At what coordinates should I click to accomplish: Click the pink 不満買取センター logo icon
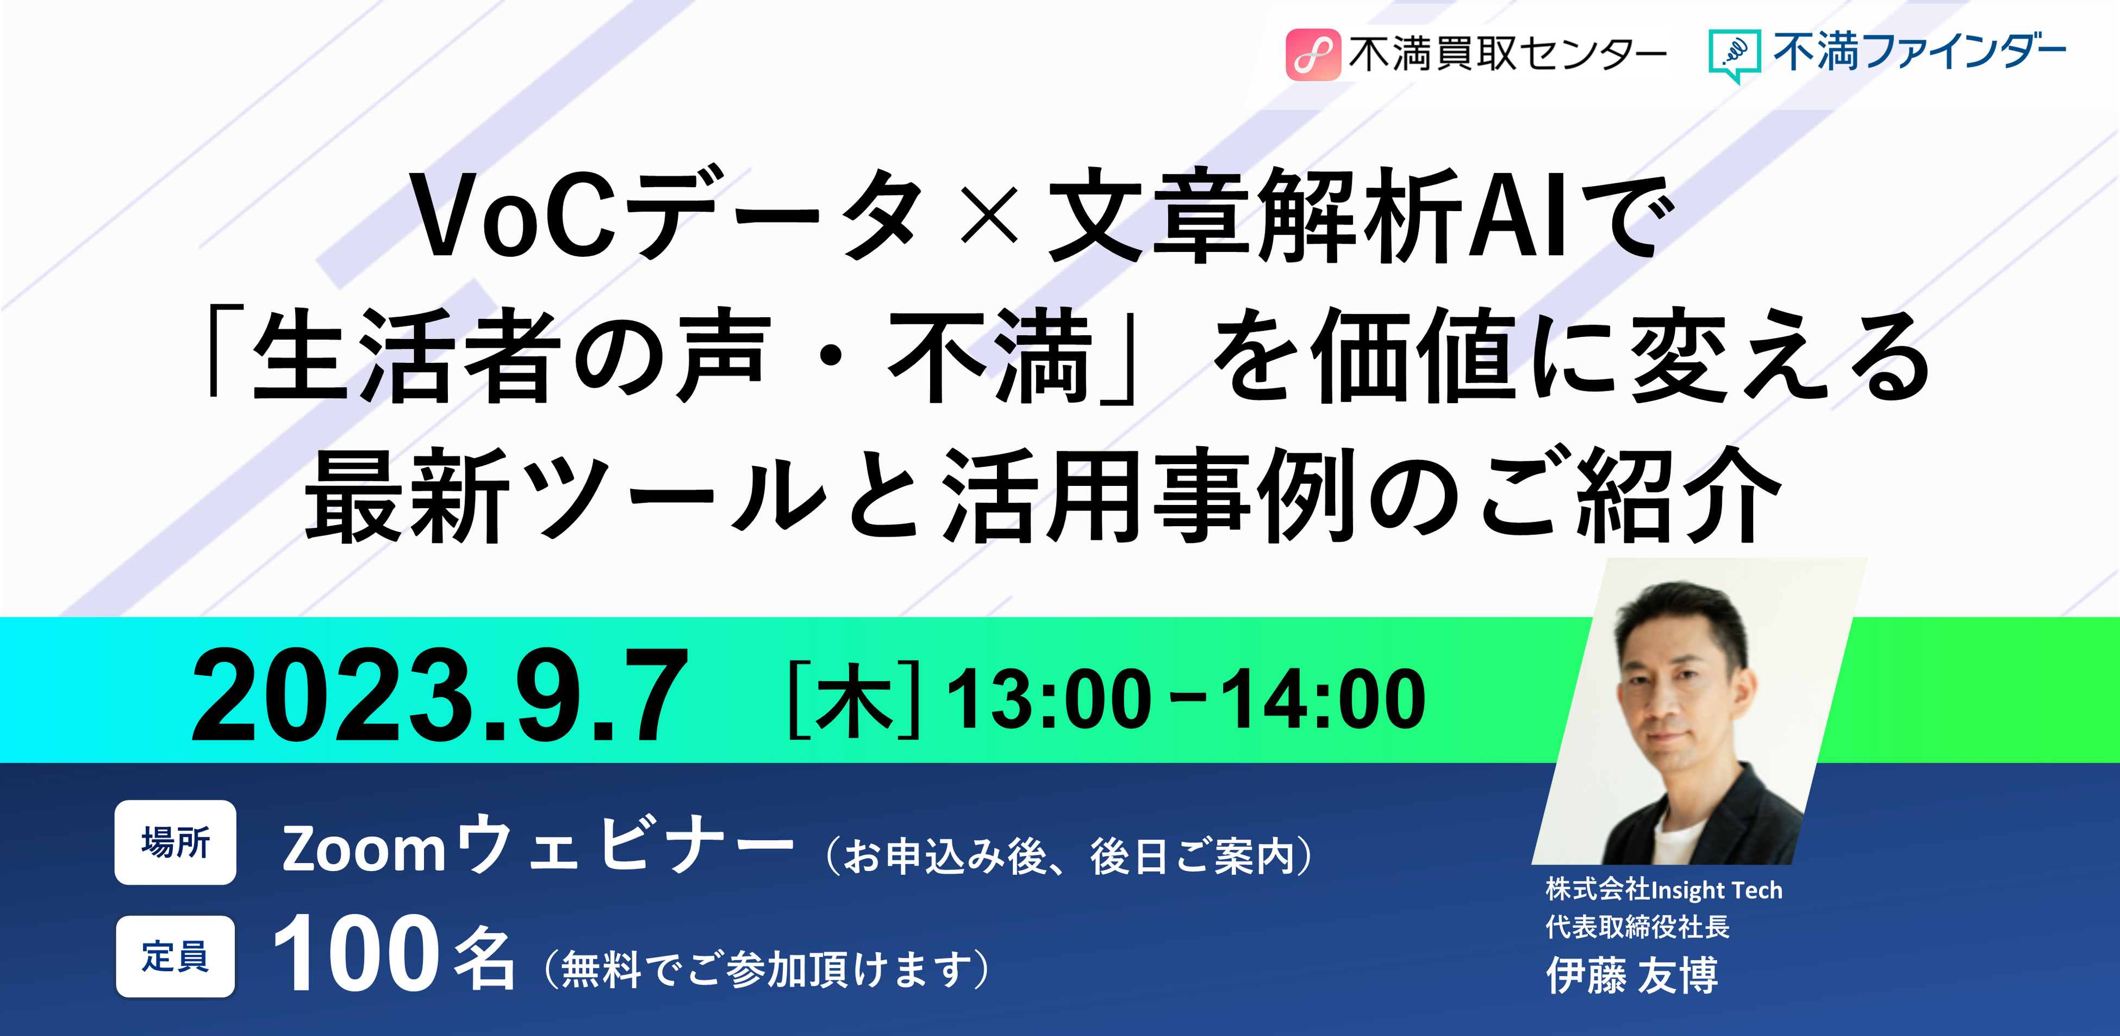1313,54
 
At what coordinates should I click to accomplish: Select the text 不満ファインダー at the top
1919,53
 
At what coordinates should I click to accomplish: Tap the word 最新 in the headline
408,496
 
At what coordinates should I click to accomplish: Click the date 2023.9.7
439,696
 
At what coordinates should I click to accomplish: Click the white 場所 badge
175,842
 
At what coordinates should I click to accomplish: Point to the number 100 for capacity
356,954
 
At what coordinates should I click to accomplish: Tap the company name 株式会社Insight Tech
1664,890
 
